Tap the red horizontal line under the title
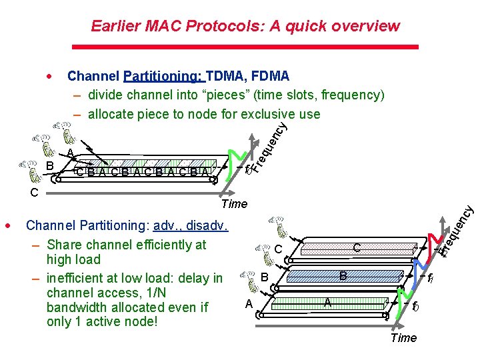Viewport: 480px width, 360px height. pos(244,47)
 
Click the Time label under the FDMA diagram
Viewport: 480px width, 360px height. pos(403,337)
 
